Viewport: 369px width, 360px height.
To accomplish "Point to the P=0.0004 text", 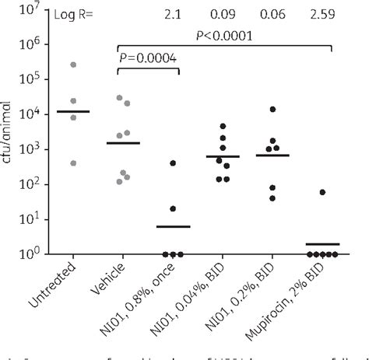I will (149, 61).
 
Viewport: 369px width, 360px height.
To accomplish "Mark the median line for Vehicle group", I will (123, 143).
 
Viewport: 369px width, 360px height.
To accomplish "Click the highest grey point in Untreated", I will (73, 65).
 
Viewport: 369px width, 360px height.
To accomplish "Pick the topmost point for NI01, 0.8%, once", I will (173, 163).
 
